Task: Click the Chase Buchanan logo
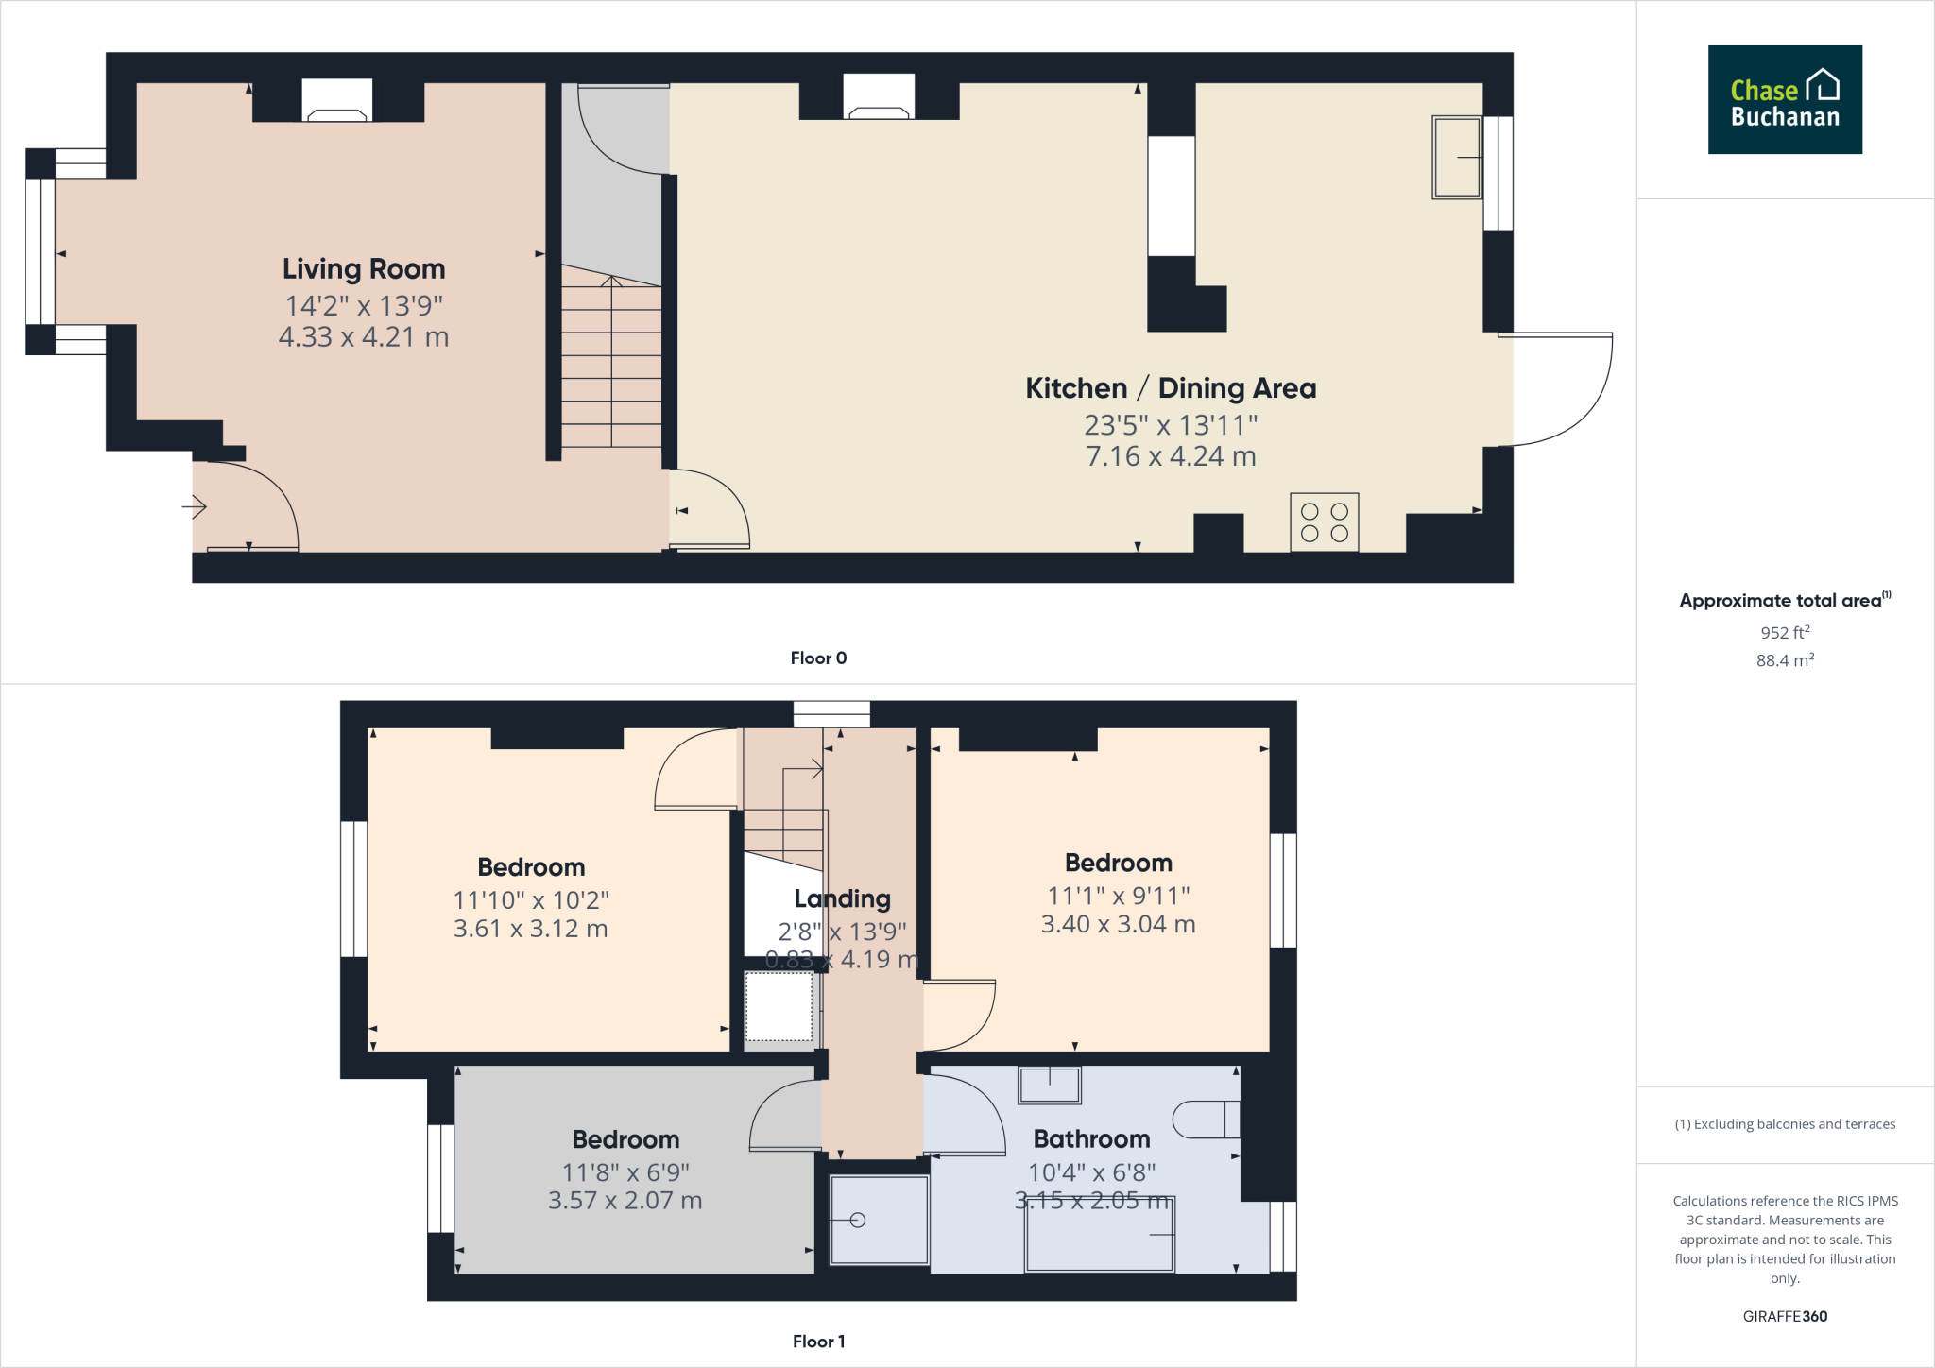coord(1784,99)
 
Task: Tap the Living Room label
coord(364,269)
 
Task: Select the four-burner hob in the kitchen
coord(1324,522)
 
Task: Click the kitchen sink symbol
coord(1456,157)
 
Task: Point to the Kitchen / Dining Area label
coord(1171,388)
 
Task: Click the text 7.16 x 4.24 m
coord(1171,456)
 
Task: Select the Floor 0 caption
coord(818,658)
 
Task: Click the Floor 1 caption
coord(818,1342)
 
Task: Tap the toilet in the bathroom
coord(1206,1120)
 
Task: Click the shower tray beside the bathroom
coord(879,1220)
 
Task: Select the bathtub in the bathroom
coord(1100,1235)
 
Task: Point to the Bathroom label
coord(1091,1139)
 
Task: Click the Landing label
coord(842,898)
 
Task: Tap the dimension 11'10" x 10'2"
coord(531,900)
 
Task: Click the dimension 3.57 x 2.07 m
coord(625,1201)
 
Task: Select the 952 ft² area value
coord(1784,633)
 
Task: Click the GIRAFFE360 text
coord(1784,1316)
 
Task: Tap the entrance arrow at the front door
coord(194,507)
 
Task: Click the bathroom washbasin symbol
coord(1049,1086)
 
